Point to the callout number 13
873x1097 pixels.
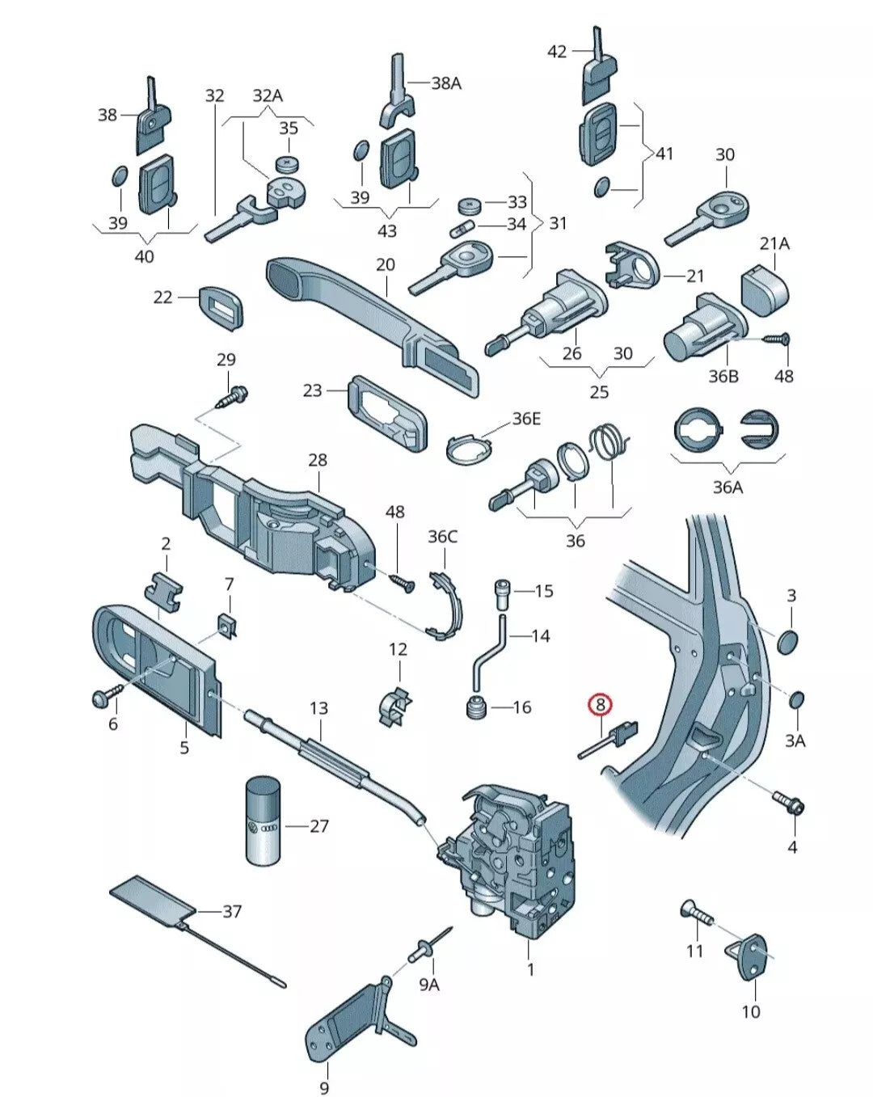319,708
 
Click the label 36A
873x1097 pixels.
727,487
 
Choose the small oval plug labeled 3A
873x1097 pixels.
796,699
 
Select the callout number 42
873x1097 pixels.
557,52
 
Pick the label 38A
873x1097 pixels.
445,82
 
